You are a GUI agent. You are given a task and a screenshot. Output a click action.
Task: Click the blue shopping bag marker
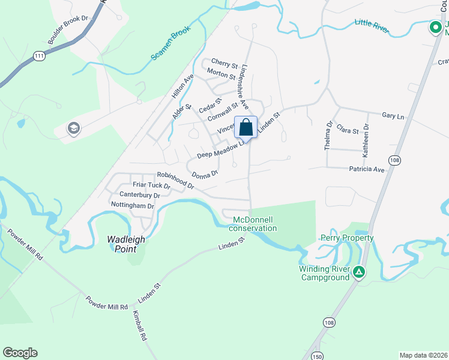tap(246, 127)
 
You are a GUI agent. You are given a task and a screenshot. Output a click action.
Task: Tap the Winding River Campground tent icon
tap(358, 272)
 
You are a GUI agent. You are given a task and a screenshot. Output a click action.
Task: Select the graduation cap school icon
tap(74, 128)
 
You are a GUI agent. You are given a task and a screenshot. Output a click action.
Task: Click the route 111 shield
tap(40, 56)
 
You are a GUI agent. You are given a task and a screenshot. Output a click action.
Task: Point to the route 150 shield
tap(316, 356)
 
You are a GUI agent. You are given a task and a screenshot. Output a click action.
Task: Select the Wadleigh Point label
tap(126, 239)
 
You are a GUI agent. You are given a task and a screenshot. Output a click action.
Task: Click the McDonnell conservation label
tap(253, 224)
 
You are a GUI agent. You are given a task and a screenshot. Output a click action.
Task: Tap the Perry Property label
tap(347, 238)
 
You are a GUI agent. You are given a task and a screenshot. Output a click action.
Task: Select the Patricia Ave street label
tap(366, 170)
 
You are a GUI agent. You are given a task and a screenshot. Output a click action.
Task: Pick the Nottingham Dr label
tap(133, 205)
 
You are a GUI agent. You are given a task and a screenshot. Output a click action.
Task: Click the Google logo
tap(20, 353)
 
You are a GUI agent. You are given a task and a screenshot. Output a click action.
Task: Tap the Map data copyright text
tap(423, 355)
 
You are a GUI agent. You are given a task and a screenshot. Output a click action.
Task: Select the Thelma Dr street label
tap(328, 136)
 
